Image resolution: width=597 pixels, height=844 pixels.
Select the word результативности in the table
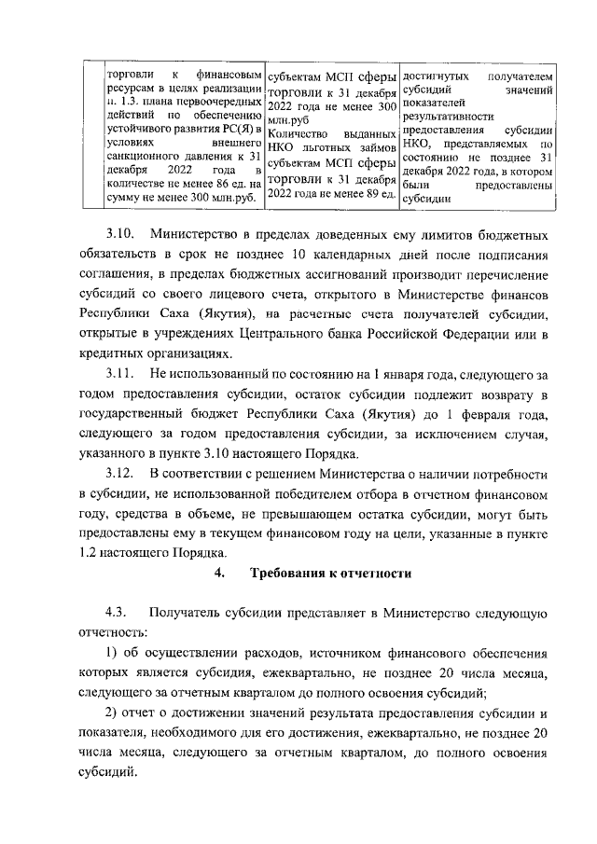[x=450, y=118]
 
